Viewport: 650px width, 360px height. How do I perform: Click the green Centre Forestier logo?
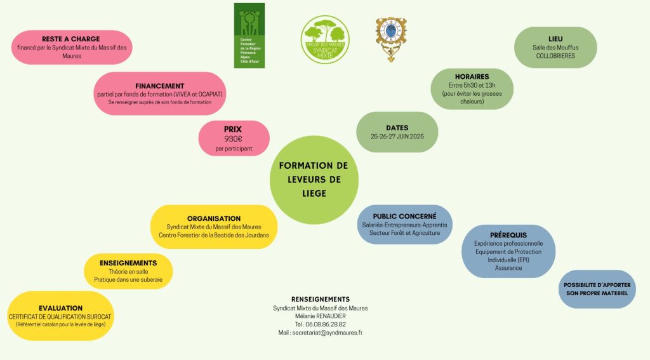pos(249,35)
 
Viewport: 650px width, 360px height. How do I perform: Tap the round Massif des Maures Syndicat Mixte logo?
pos(324,39)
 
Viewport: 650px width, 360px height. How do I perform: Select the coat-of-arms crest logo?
pos(391,39)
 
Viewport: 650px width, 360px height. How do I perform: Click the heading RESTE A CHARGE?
pos(71,39)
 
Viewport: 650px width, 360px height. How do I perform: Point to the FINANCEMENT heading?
pos(160,86)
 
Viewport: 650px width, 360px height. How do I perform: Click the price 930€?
pos(234,138)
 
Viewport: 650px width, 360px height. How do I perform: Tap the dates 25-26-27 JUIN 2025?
pos(397,137)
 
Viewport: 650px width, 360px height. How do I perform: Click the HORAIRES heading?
pos(472,76)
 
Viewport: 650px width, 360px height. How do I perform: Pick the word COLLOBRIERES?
pos(555,56)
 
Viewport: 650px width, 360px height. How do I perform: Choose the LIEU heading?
pos(555,39)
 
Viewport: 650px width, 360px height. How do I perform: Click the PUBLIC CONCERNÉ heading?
pos(404,217)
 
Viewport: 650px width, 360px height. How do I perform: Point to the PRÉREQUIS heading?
pos(508,235)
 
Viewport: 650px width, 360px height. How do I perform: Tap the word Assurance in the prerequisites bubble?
pos(508,268)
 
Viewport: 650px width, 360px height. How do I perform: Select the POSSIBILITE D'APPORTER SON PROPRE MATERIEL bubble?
pos(596,289)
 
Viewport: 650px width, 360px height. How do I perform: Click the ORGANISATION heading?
pos(214,218)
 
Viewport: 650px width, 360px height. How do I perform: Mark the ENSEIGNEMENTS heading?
pos(128,262)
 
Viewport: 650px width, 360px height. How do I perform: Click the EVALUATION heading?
pos(61,308)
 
